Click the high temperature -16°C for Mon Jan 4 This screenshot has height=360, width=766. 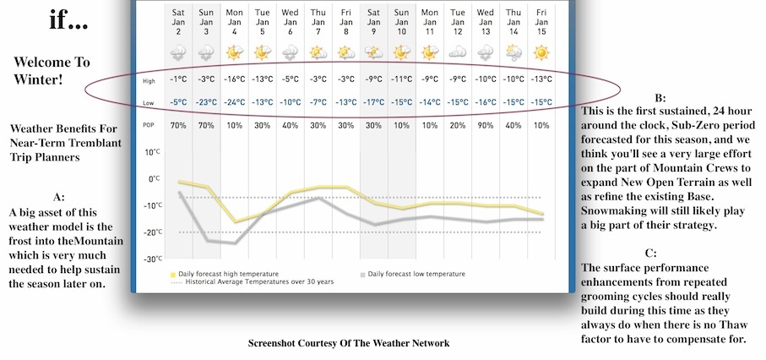235,80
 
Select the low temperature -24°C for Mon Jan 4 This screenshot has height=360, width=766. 235,103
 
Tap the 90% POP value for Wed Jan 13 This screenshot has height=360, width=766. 485,126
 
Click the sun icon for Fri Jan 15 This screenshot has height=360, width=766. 541,52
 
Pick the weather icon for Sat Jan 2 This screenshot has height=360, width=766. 179,52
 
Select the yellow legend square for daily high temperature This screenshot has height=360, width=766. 172,275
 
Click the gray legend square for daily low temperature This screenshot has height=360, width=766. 362,275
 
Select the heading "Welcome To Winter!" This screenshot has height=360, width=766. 52,74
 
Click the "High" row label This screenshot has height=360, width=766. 149,80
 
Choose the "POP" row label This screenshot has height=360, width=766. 149,126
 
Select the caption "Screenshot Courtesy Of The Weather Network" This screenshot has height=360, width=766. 349,343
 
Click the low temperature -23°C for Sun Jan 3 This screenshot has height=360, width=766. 207,103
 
